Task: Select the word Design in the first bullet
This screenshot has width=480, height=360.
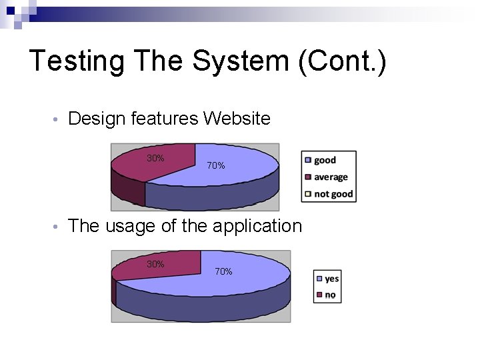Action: (x=97, y=119)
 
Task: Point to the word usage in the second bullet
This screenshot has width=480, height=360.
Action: (x=131, y=226)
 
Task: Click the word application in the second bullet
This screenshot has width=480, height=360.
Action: (x=257, y=227)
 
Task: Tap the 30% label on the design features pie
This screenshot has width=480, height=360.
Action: (x=155, y=158)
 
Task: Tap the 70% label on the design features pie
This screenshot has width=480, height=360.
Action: (x=215, y=165)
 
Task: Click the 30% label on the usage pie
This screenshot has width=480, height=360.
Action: (x=155, y=264)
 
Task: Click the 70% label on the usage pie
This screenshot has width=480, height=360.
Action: (x=223, y=271)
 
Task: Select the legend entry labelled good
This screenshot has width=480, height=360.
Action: (x=325, y=160)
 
